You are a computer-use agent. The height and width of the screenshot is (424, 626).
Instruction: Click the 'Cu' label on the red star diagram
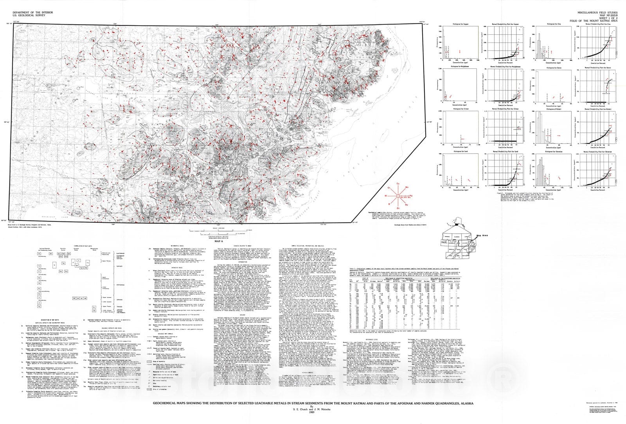tap(398, 183)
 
